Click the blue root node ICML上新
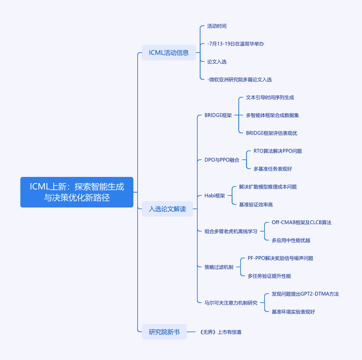pos(77,192)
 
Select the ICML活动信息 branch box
pos(169,53)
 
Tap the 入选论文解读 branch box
pos(167,209)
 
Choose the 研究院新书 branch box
pos(164,332)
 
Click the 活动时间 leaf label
pos(217,26)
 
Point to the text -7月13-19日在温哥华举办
pos(235,44)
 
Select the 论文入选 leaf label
pos(217,62)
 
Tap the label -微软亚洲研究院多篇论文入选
pos(240,79)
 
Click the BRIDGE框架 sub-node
pos(218,115)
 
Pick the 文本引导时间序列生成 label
pos(270,98)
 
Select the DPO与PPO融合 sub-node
pos(222,160)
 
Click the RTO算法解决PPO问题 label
pos(278,151)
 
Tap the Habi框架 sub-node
pos(215,196)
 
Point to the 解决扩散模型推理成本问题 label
pos(268,187)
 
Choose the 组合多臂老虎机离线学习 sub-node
pos(231,231)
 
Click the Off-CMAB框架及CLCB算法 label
pos(302,223)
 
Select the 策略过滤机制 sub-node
pos(219,267)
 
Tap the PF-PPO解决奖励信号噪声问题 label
pos(280,258)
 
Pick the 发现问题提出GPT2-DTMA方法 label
pos(305,294)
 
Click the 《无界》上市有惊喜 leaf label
pos(221,332)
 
